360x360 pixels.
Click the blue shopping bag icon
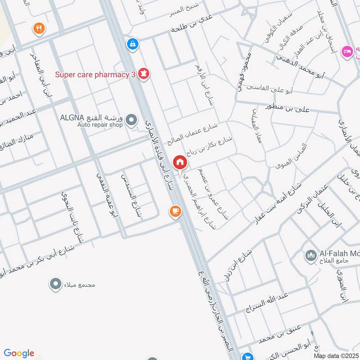click(x=133, y=44)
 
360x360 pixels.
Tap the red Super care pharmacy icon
click(x=144, y=73)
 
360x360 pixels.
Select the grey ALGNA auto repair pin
click(x=131, y=119)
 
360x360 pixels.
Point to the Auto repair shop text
click(x=99, y=125)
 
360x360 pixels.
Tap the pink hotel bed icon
click(x=347, y=51)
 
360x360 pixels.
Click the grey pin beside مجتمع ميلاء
click(x=55, y=284)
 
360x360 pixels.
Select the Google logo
click(x=19, y=353)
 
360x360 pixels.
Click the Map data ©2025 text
click(x=336, y=355)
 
